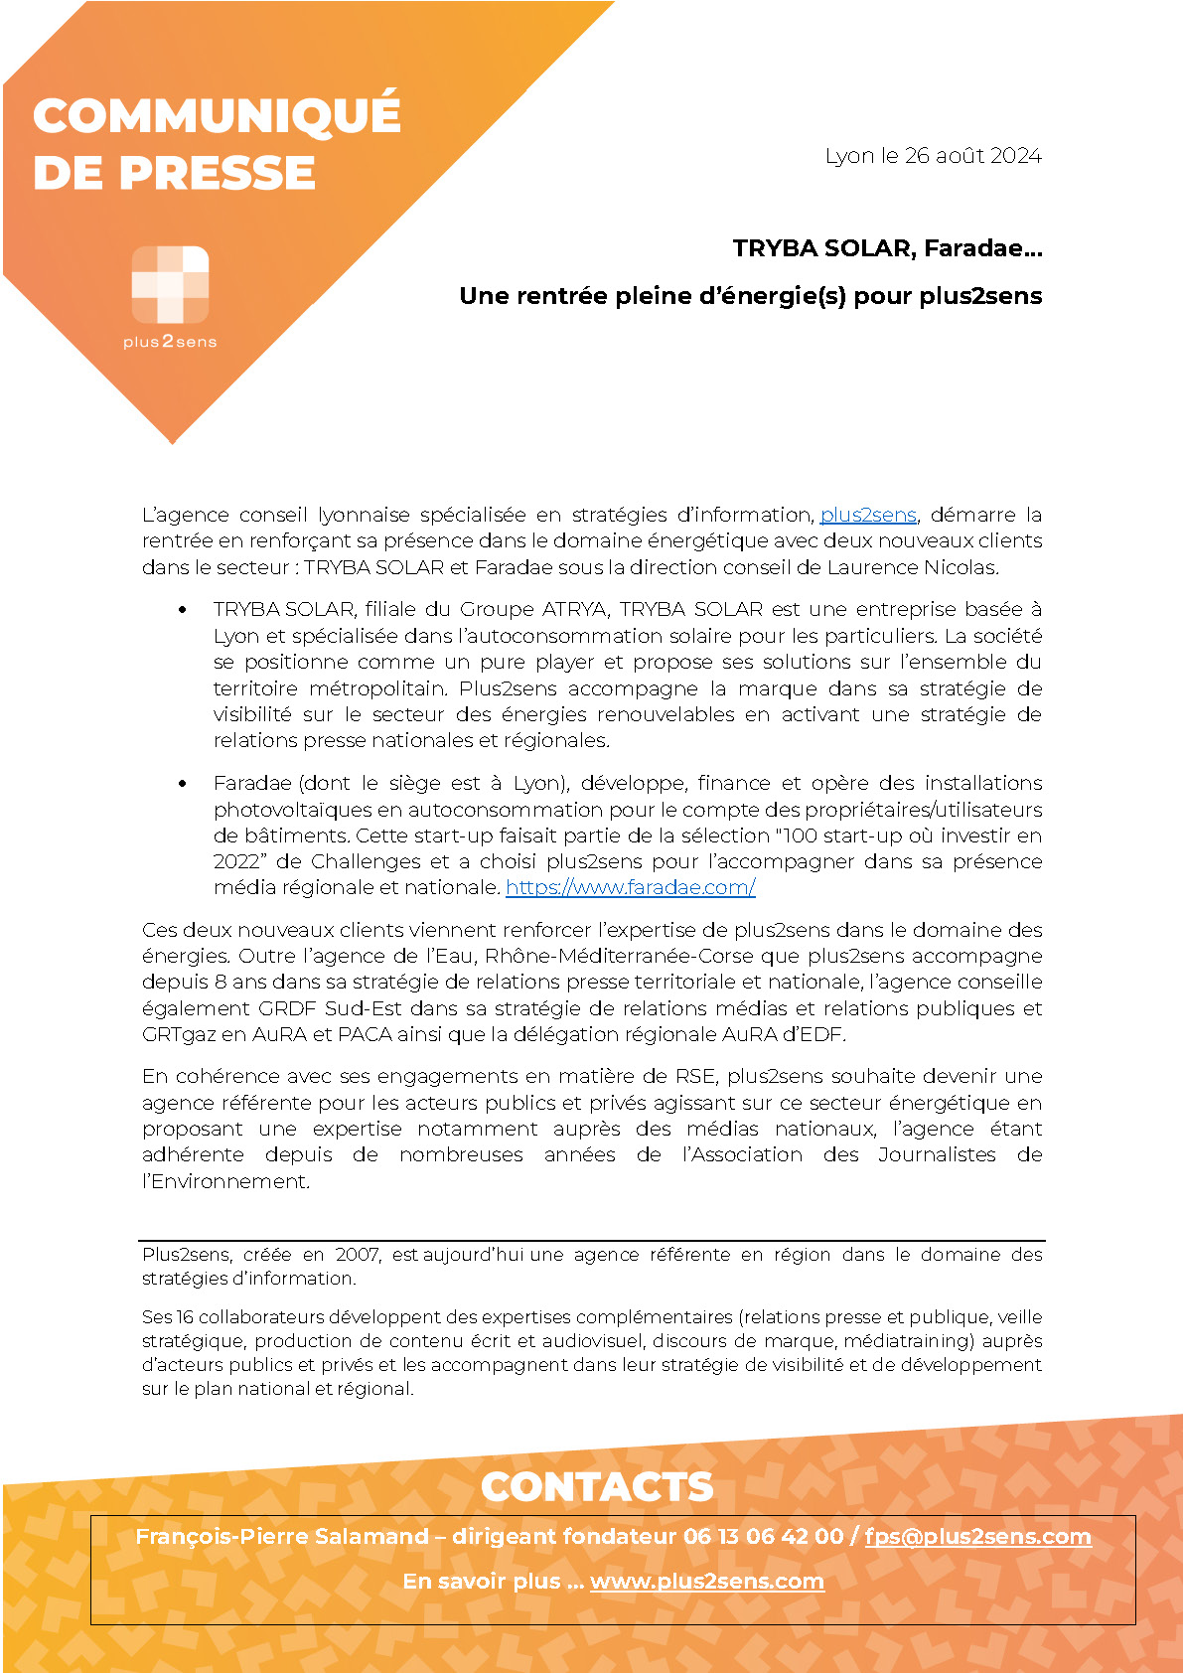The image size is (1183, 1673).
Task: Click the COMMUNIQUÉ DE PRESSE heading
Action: point(217,143)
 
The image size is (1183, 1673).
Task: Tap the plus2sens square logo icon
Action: point(170,284)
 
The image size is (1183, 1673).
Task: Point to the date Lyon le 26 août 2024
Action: point(933,156)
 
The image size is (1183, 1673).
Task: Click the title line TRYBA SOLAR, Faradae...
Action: point(887,248)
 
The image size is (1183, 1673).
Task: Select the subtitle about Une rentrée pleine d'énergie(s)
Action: point(750,296)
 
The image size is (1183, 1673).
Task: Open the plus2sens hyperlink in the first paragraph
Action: point(867,515)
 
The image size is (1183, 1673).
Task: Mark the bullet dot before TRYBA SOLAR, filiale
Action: point(182,610)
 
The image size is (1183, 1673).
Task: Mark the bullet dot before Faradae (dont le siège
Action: point(182,784)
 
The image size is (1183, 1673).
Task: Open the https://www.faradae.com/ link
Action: point(631,887)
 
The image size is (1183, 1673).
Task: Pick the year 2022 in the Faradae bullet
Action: point(235,861)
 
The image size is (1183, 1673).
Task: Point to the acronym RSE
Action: point(695,1076)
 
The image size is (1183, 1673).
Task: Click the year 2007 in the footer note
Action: point(357,1255)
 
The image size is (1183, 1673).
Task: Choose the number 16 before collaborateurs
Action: point(185,1317)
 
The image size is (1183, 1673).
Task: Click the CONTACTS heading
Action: point(597,1486)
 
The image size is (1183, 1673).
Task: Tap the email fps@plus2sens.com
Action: point(977,1536)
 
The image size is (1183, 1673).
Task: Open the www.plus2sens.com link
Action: point(706,1582)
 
